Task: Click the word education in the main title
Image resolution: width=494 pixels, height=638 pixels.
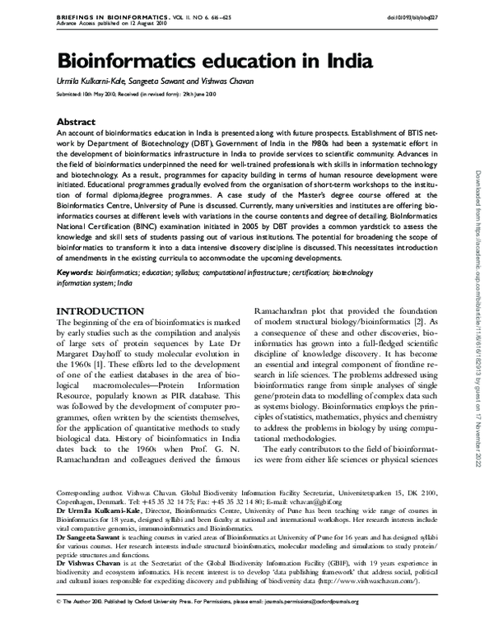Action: tap(243, 63)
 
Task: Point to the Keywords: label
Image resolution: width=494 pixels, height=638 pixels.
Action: tap(74, 270)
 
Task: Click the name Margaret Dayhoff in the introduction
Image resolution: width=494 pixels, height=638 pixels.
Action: tap(86, 354)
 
